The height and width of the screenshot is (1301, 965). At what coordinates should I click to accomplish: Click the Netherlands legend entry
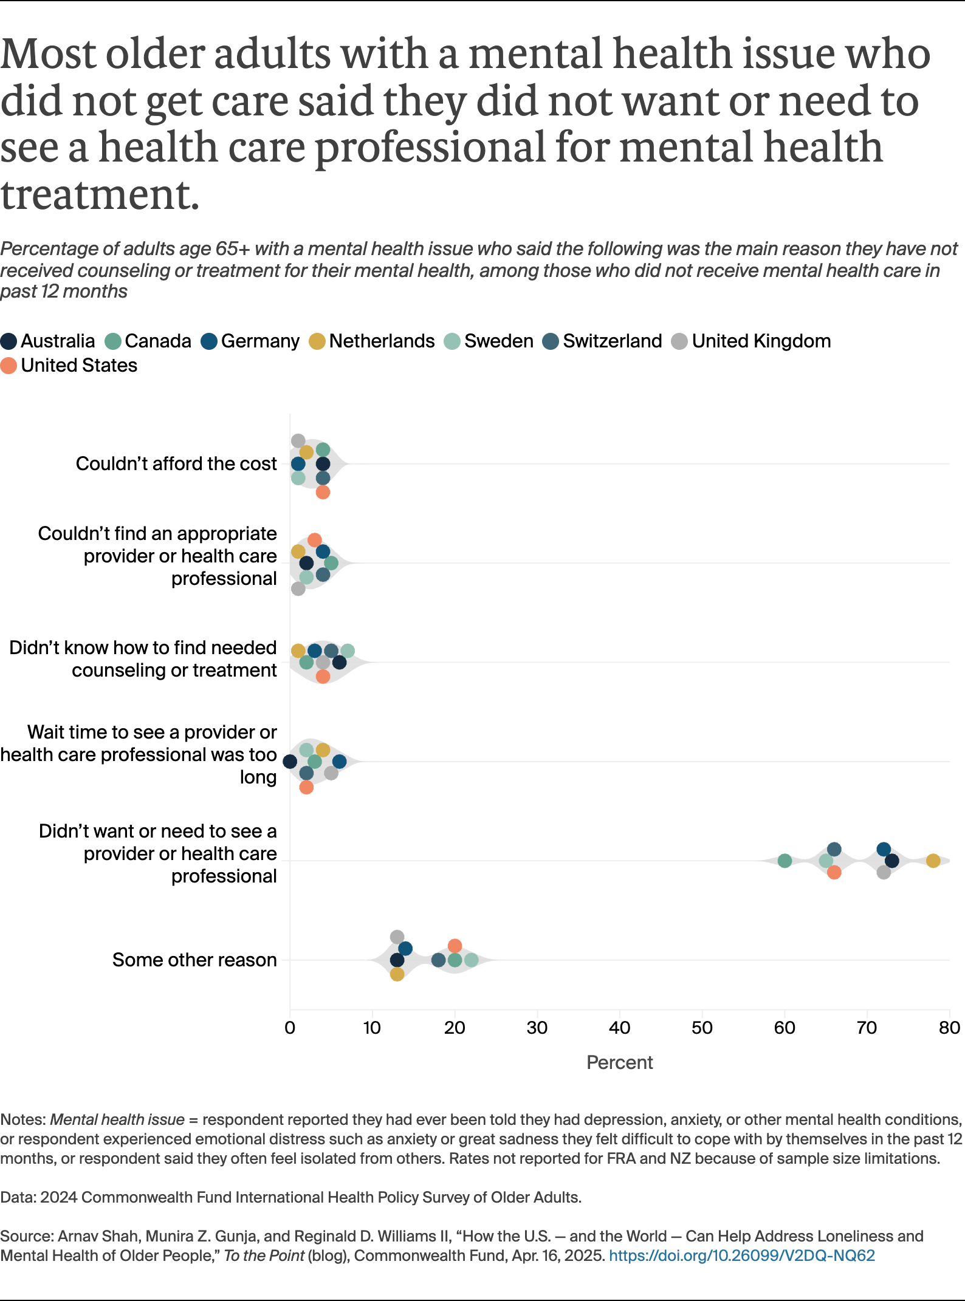click(x=371, y=341)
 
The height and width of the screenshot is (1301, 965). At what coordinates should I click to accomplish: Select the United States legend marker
click(x=9, y=366)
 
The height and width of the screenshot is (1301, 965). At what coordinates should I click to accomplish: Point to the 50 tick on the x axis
click(x=702, y=1028)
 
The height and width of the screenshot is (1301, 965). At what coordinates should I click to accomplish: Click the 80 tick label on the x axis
click(x=949, y=1028)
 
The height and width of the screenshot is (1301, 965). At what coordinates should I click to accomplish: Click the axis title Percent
click(x=619, y=1062)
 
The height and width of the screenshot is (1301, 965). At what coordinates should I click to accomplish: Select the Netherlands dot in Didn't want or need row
click(x=933, y=861)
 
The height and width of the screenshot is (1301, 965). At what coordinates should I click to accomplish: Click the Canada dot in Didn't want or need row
click(x=785, y=861)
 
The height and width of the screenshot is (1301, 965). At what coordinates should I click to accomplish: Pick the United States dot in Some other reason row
click(x=455, y=946)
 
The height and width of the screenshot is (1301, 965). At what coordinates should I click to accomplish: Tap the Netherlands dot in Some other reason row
click(x=397, y=974)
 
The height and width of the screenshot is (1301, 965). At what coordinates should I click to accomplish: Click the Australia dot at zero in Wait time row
click(x=290, y=762)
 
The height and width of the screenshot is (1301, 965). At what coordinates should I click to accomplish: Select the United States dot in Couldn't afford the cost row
click(x=323, y=492)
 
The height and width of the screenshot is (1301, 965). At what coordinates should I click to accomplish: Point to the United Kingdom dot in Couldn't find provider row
click(x=298, y=589)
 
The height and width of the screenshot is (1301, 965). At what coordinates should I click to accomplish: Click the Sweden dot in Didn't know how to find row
click(x=347, y=650)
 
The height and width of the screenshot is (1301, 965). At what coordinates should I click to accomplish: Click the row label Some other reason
click(x=194, y=960)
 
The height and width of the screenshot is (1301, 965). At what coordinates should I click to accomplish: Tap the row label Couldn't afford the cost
click(x=176, y=464)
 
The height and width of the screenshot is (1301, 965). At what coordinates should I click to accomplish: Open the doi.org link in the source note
click(x=741, y=1256)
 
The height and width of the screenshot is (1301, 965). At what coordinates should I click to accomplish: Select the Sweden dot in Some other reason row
click(x=471, y=960)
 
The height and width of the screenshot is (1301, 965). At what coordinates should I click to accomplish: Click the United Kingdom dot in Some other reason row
click(x=397, y=937)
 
